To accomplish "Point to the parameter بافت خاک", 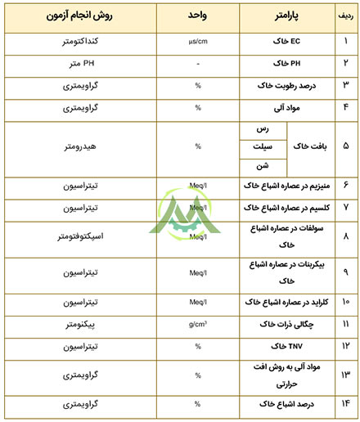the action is click(x=312, y=146).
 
